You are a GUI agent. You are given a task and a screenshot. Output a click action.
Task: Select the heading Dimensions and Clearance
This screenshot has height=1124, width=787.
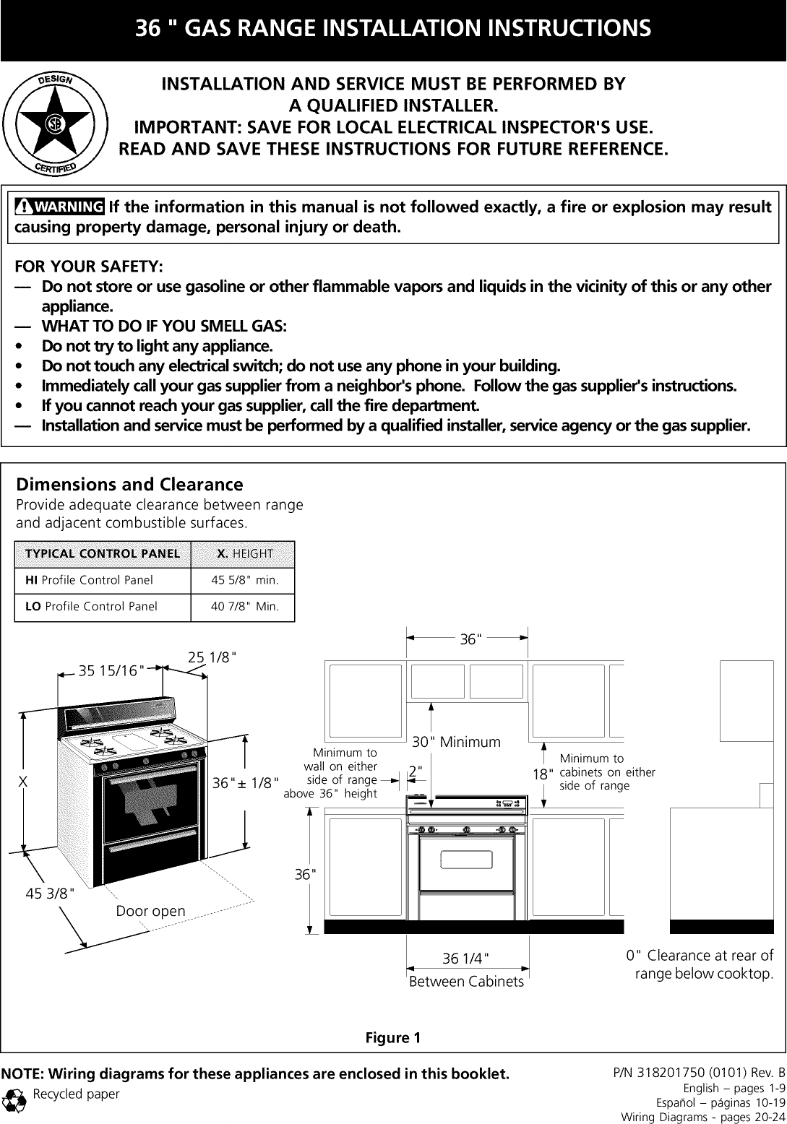coord(129,484)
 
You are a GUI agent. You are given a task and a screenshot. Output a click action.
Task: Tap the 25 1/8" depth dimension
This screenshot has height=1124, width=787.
coord(212,658)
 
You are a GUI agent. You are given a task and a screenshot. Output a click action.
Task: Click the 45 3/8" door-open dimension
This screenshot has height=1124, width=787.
coord(50,895)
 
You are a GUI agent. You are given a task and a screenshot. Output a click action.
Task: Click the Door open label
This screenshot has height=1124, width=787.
coord(150,911)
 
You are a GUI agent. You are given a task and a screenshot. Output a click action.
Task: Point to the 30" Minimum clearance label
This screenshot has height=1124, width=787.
coord(456,742)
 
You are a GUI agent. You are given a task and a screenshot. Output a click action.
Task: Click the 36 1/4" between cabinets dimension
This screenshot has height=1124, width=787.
coord(466,959)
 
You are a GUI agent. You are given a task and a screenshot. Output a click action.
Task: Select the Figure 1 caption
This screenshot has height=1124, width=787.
coord(392,1039)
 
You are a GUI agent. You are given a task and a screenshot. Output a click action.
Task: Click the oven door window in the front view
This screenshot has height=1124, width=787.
coord(466,860)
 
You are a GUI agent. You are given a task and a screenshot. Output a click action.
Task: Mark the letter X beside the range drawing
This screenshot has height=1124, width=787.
coord(23,782)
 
